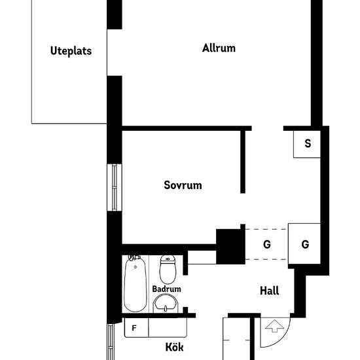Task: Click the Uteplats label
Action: [70, 51]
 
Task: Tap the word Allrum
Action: [219, 48]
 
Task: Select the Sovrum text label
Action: [183, 185]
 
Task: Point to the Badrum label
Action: [166, 289]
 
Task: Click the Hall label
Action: [269, 291]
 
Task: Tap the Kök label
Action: [175, 346]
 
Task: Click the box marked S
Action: [307, 144]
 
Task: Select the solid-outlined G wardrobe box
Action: [305, 244]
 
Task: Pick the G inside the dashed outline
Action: [266, 244]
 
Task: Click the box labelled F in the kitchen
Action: [135, 327]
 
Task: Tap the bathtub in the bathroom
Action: [135, 285]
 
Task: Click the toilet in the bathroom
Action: [168, 269]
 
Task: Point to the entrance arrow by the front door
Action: [274, 325]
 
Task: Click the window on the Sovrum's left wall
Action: [115, 187]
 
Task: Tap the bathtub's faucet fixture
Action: [134, 258]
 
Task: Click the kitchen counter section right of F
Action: [169, 327]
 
